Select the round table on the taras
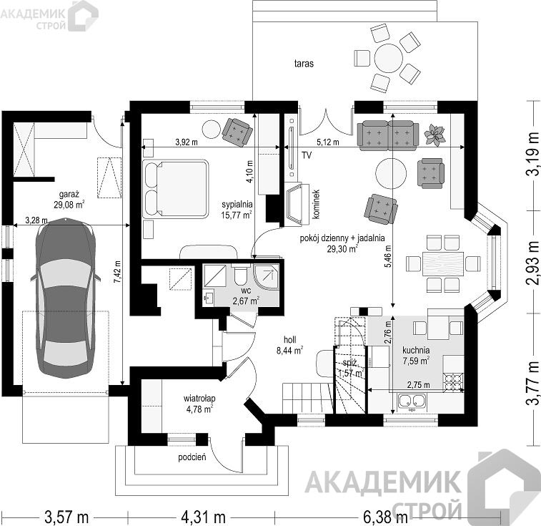coord(389,58)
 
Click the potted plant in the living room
coord(434,135)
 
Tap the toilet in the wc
coord(240,273)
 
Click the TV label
coord(307,155)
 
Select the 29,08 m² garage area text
coord(69,205)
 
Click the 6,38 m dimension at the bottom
coord(385,517)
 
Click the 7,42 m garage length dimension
coord(117,276)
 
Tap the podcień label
coord(192,457)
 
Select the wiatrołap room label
coord(199,399)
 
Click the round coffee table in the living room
coord(391,173)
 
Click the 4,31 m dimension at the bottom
coord(203,517)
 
